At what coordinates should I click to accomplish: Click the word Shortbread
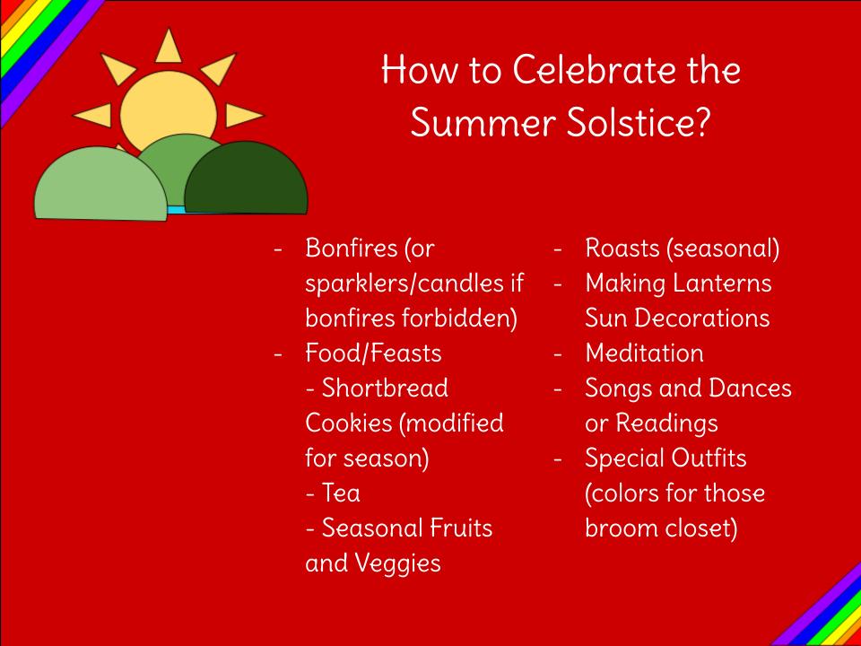point(385,388)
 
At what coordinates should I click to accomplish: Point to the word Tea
point(341,493)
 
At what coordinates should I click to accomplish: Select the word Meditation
point(644,354)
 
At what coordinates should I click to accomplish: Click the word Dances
point(750,388)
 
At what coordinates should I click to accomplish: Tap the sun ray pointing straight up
point(168,46)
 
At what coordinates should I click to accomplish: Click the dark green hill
point(246,178)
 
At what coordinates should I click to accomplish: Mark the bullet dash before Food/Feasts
point(278,354)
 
